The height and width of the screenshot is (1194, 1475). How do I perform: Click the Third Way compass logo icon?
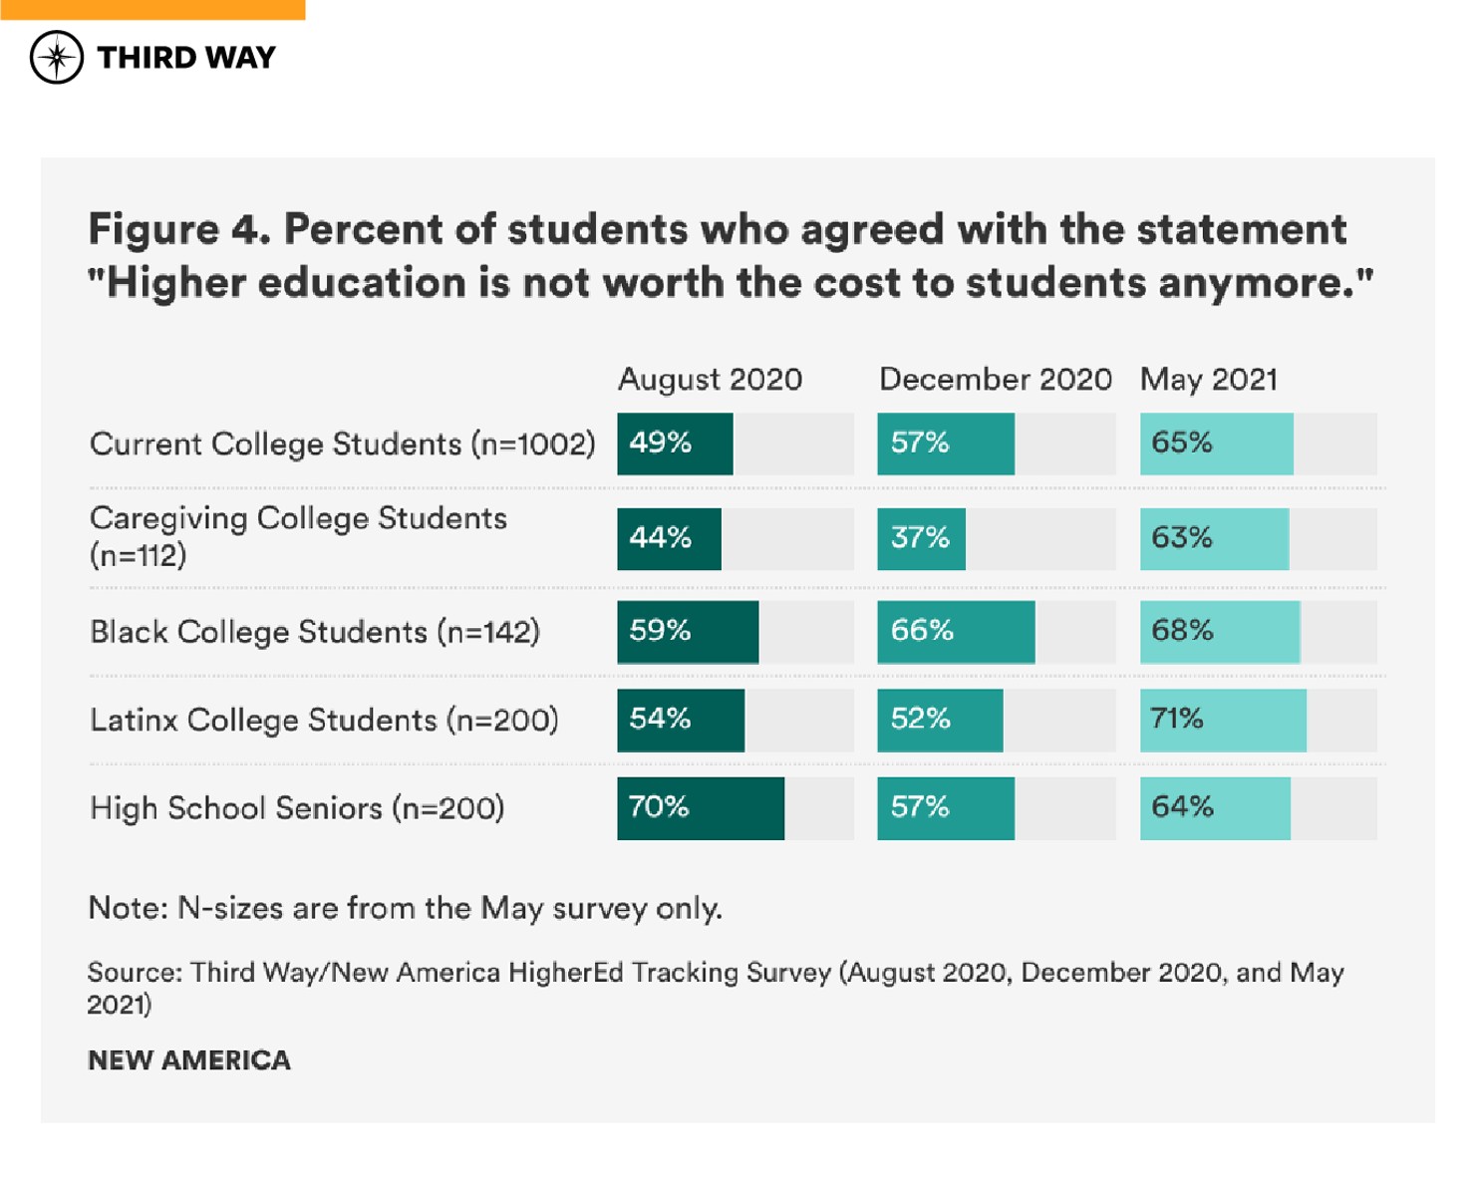57,57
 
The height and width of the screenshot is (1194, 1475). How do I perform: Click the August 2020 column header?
710,380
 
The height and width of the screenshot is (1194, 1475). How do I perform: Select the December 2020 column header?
995,380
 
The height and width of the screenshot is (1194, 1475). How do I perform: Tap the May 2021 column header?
1208,380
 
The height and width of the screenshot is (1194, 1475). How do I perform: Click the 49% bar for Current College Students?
675,444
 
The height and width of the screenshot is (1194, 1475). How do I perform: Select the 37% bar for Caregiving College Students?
921,539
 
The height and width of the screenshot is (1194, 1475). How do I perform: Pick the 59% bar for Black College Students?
688,632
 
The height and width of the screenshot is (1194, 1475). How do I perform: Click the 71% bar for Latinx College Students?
1223,720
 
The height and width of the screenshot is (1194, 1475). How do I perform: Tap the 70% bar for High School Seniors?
700,808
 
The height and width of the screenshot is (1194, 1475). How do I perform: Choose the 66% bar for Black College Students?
956,632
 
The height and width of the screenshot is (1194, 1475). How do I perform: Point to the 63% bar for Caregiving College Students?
1214,539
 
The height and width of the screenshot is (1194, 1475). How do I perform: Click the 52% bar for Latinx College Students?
940,720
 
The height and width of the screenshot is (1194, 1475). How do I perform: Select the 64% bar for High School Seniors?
1215,808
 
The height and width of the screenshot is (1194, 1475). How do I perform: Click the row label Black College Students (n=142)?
315,632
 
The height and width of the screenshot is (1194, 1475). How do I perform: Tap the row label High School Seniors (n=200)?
297,808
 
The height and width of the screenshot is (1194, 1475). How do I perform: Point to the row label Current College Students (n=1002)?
342,444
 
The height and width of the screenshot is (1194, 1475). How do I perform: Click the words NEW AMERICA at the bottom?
189,1060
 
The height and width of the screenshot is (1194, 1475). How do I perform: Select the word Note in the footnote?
126,908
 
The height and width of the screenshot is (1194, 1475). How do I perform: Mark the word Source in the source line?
134,973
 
